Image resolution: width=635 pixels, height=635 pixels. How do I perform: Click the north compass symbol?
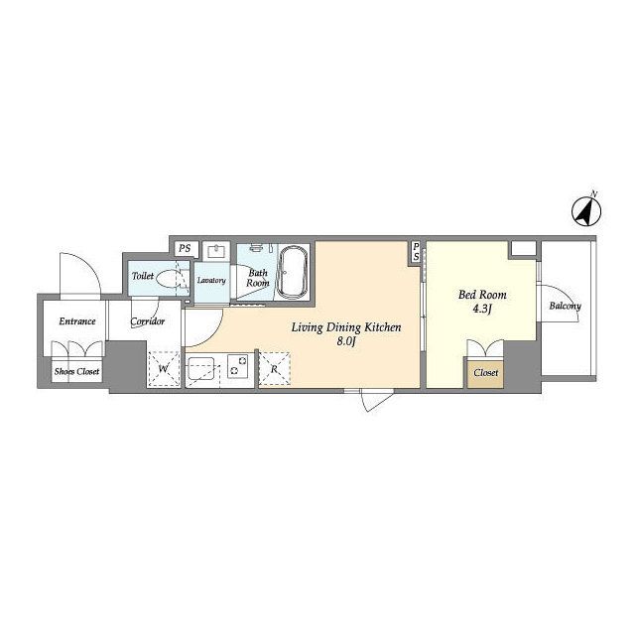[x=586, y=210]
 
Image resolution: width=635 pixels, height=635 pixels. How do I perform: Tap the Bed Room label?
[x=482, y=295]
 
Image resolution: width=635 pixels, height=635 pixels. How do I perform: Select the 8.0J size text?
[x=346, y=342]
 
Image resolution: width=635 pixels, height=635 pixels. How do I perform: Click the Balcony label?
[x=565, y=306]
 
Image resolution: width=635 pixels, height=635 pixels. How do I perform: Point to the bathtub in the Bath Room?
[x=293, y=272]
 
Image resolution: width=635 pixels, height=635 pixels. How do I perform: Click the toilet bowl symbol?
[x=168, y=278]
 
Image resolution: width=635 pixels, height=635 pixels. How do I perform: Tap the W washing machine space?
[x=164, y=369]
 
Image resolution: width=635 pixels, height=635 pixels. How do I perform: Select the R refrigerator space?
[x=274, y=368]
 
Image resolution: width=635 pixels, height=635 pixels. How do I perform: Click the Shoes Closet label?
[x=77, y=371]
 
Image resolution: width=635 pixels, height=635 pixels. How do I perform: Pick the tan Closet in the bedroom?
[x=485, y=372]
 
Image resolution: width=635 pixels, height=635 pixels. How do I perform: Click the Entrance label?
[x=77, y=321]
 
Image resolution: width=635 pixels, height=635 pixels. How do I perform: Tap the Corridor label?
[x=148, y=321]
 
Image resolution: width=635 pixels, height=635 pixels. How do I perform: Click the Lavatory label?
[x=211, y=280]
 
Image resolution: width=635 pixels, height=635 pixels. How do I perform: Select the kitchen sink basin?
[x=201, y=368]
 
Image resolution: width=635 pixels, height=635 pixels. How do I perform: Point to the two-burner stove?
[x=238, y=366]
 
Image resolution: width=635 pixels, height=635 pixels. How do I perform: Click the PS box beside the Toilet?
[x=186, y=248]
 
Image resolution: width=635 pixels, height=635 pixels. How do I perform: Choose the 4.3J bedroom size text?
[x=482, y=310]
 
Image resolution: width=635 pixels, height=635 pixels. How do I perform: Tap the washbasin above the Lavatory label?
[x=216, y=251]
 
